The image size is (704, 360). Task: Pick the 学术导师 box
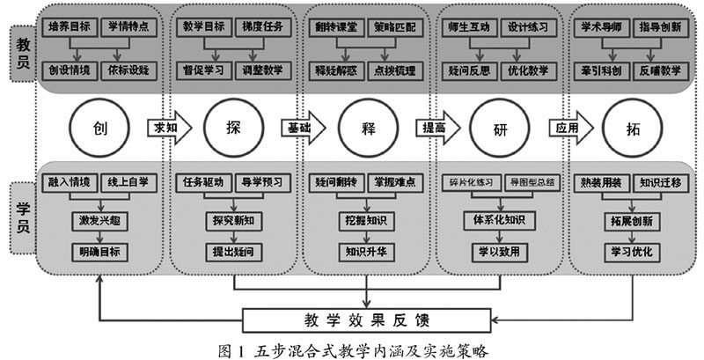[x=602, y=27]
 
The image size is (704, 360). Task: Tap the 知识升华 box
[x=368, y=250]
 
